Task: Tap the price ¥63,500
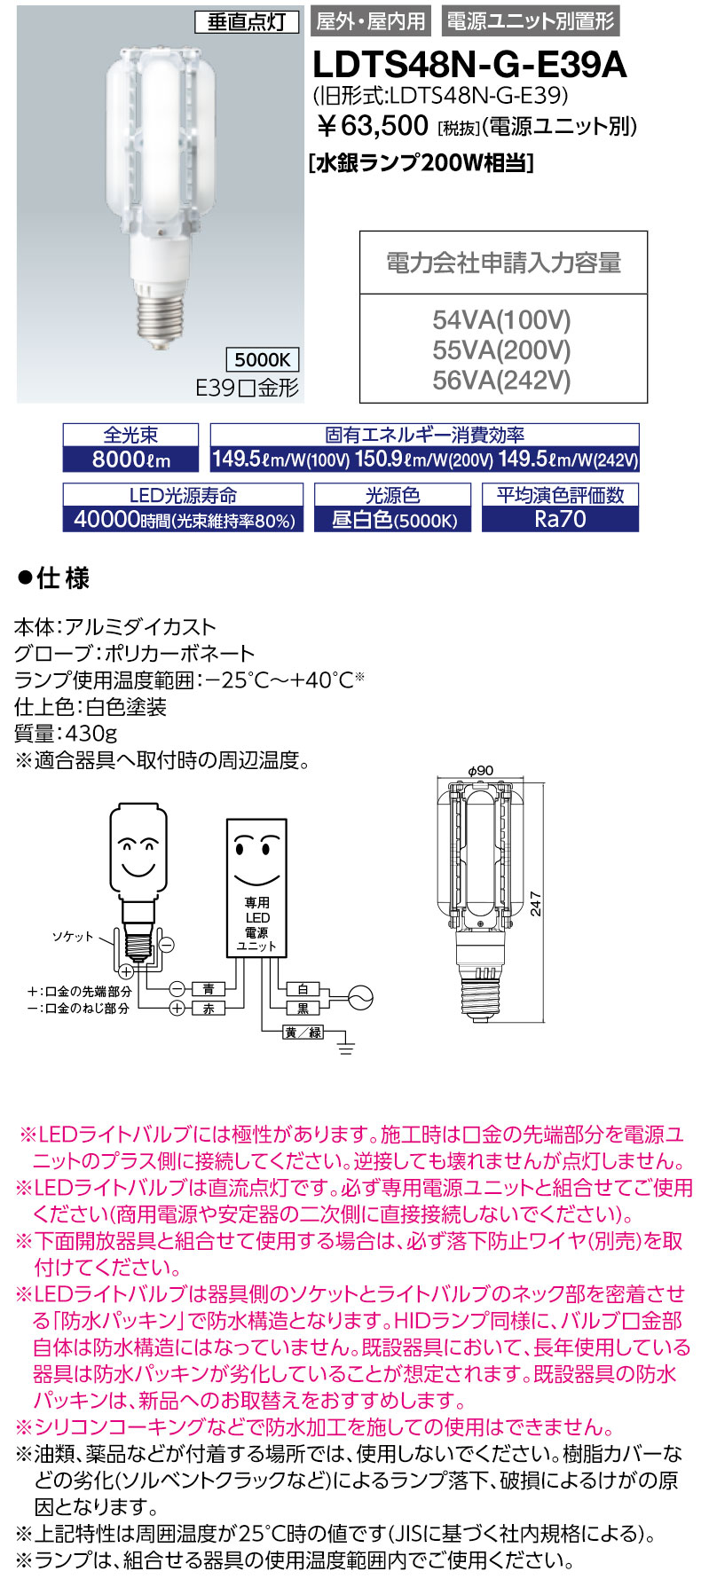[x=373, y=127]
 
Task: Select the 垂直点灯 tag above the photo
[x=246, y=21]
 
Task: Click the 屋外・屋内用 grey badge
[x=371, y=21]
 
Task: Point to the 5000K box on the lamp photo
[x=263, y=359]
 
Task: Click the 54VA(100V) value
[x=502, y=319]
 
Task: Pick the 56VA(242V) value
[x=502, y=380]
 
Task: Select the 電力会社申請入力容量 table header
[x=503, y=263]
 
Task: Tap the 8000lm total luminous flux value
[x=131, y=460]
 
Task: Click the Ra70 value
[x=560, y=519]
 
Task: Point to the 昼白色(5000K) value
[x=393, y=520]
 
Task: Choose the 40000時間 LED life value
[x=183, y=520]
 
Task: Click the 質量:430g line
[x=66, y=734]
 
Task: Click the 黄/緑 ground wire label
[x=303, y=1033]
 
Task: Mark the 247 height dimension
[x=536, y=903]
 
